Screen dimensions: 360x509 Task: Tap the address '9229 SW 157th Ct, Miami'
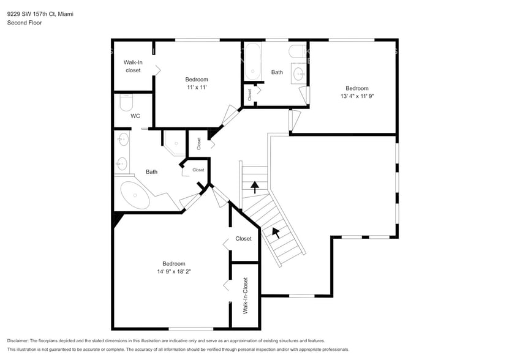[40, 13]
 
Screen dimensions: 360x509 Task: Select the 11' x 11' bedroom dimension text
[197, 88]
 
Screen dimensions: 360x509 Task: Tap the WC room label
[135, 116]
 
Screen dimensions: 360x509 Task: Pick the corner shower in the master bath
[173, 144]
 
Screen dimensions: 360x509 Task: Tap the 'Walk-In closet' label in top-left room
[133, 66]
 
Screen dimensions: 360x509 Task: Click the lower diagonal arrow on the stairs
[276, 232]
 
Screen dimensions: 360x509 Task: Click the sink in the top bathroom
[298, 74]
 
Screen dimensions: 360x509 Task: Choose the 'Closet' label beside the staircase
[243, 239]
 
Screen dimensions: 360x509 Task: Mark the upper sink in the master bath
[121, 140]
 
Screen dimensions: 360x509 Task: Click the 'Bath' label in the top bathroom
[277, 72]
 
